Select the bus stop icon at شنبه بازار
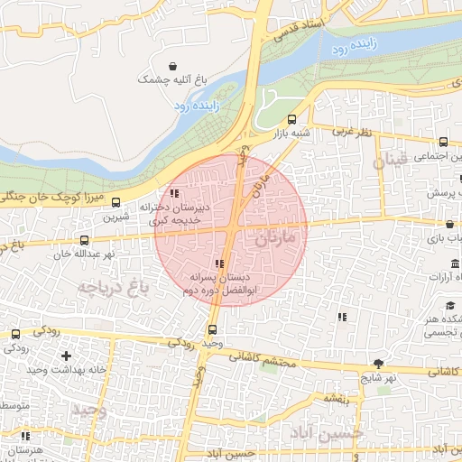[291, 119]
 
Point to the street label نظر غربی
[352, 132]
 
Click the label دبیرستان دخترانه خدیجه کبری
[174, 213]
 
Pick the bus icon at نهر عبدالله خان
[84, 240]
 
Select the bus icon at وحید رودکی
[212, 329]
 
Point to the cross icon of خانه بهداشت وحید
[66, 356]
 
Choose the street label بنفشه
[335, 399]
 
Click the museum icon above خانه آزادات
[454, 263]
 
